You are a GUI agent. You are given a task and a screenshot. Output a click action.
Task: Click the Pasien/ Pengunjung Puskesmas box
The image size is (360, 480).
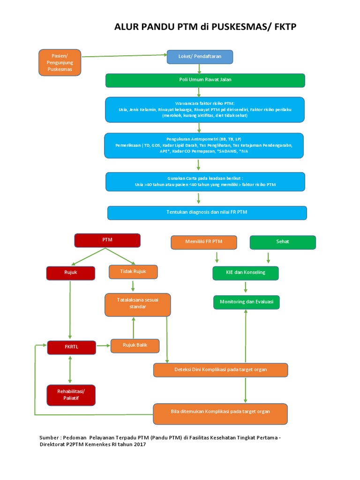tap(60, 62)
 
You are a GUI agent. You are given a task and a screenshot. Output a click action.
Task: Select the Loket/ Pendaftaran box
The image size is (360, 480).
tap(200, 57)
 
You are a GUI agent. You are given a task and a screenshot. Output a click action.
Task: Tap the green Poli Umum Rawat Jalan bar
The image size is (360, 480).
tap(205, 80)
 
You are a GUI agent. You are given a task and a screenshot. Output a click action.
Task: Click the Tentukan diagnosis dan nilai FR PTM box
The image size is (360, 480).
tap(207, 213)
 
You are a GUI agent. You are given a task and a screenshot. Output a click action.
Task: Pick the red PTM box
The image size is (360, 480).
tap(107, 240)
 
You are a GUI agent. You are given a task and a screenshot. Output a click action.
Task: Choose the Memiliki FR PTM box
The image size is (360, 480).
tap(204, 242)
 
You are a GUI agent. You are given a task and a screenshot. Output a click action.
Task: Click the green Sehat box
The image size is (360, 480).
tap(283, 242)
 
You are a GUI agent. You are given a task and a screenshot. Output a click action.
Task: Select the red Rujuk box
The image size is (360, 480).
tap(71, 273)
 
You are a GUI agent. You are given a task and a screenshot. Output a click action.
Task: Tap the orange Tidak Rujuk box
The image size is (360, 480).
tap(133, 272)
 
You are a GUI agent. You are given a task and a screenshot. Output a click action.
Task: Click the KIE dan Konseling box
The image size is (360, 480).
tap(246, 273)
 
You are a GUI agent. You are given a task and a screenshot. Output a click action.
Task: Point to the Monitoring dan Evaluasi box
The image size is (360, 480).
tap(247, 302)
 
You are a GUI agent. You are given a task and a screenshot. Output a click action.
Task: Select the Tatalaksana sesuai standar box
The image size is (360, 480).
tap(137, 304)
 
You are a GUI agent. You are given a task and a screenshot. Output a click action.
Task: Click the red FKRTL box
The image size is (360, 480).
tap(72, 347)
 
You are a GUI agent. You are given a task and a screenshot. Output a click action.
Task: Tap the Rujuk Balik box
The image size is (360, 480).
tap(135, 346)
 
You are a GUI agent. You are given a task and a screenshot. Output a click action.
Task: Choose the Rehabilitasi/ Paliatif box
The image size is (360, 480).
tap(72, 395)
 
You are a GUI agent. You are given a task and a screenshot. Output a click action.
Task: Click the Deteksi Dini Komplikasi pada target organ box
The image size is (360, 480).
tap(220, 370)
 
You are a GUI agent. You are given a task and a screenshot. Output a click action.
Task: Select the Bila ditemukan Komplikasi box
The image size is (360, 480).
tap(220, 414)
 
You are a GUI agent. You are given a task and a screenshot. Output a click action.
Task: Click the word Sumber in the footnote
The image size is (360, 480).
tap(49, 437)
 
